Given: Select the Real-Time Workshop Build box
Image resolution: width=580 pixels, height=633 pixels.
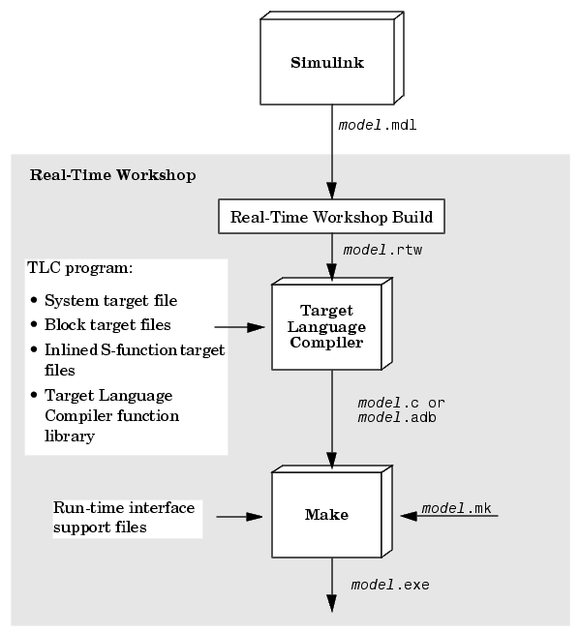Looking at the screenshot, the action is (x=331, y=217).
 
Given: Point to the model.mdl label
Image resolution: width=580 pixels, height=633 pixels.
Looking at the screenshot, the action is (x=378, y=125).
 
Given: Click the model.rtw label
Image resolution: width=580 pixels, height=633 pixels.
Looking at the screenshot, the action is (x=382, y=251).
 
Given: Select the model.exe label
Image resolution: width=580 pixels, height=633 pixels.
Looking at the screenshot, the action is (x=390, y=585).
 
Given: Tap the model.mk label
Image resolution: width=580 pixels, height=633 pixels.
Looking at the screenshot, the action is (x=456, y=508).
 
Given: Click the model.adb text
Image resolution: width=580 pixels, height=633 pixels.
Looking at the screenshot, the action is (x=397, y=417).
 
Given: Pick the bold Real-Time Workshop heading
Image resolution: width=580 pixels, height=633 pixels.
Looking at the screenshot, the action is (x=112, y=175).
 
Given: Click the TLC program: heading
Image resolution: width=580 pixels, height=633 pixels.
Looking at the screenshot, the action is (x=80, y=268).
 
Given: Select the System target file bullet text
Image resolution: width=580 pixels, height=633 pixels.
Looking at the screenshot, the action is (x=110, y=301).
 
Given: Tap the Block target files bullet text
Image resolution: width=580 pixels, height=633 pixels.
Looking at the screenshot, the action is (x=107, y=325).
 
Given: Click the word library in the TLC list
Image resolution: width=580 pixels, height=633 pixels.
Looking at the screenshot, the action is (x=70, y=437).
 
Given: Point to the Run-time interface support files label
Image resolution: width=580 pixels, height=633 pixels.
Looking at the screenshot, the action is (x=124, y=518).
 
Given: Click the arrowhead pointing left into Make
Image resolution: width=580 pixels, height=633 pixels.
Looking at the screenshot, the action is (x=409, y=516).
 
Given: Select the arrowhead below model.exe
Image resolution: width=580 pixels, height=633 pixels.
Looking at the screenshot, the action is (x=331, y=603).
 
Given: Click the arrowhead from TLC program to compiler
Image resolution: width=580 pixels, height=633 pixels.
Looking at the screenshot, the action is (x=256, y=327).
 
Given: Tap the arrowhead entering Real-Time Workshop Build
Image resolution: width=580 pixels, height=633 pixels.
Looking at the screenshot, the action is (x=331, y=190).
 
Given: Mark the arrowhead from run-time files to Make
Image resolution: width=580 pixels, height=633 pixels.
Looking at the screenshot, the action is (x=255, y=516).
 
